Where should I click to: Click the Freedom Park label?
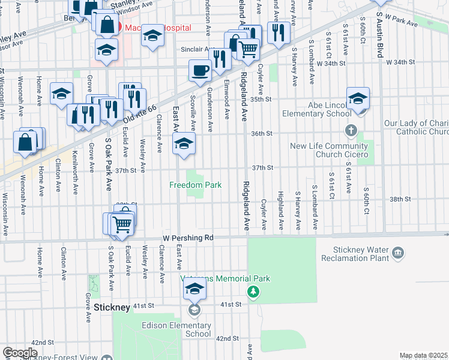pos(195,185)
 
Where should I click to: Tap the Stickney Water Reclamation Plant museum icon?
pos(397,254)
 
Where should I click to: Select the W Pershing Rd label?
pos(188,238)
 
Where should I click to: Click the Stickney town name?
pos(112,307)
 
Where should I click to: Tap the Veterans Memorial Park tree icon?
pos(254,292)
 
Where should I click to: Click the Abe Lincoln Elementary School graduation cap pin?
pos(358,98)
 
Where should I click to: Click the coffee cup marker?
pos(200,71)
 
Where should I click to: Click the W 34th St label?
pos(332,62)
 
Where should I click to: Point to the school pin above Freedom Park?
pos(184,144)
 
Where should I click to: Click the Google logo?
pos(19,353)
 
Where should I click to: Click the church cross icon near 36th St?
pos(351,130)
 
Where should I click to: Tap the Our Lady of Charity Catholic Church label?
pos(416,128)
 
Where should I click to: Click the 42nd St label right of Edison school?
pos(228,339)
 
